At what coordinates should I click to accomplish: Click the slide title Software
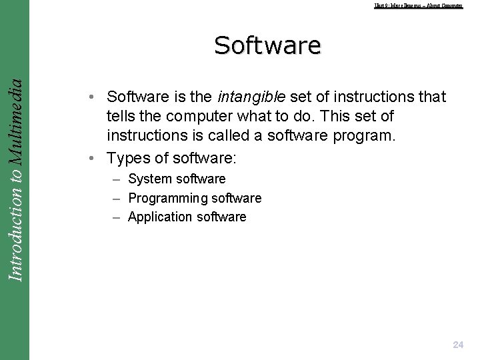point(267,45)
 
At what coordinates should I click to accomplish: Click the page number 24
point(458,345)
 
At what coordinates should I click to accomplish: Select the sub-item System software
point(177,179)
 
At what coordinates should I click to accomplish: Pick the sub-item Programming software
point(195,198)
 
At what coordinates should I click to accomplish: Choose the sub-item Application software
point(187,217)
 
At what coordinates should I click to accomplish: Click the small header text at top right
point(418,6)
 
